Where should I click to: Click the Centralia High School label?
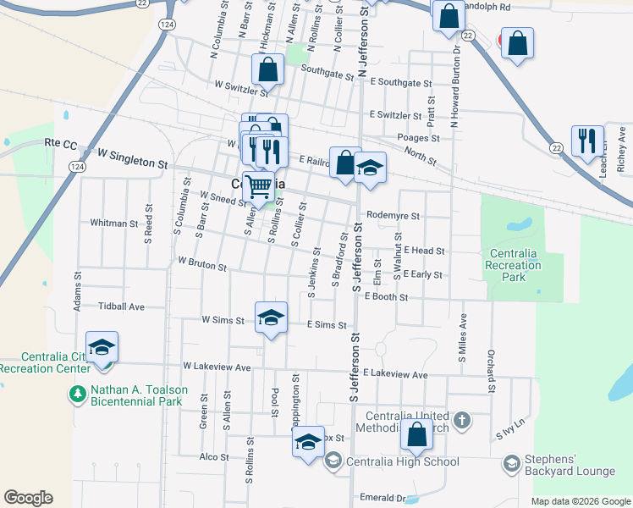pyautogui.click(x=403, y=461)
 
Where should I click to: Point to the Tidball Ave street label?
pyautogui.click(x=122, y=306)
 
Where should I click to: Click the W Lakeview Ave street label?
pyautogui.click(x=217, y=367)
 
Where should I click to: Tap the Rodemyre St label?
pyautogui.click(x=394, y=216)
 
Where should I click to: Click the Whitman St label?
pyautogui.click(x=113, y=224)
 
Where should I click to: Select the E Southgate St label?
pyautogui.click(x=400, y=83)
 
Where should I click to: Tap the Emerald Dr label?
pyautogui.click(x=383, y=497)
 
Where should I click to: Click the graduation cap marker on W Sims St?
pyautogui.click(x=271, y=317)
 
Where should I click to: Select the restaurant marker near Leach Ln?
pyautogui.click(x=587, y=141)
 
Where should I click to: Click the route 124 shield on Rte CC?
pyautogui.click(x=77, y=167)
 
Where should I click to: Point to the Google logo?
pyautogui.click(x=28, y=498)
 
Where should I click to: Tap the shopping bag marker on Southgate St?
pyautogui.click(x=267, y=69)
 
